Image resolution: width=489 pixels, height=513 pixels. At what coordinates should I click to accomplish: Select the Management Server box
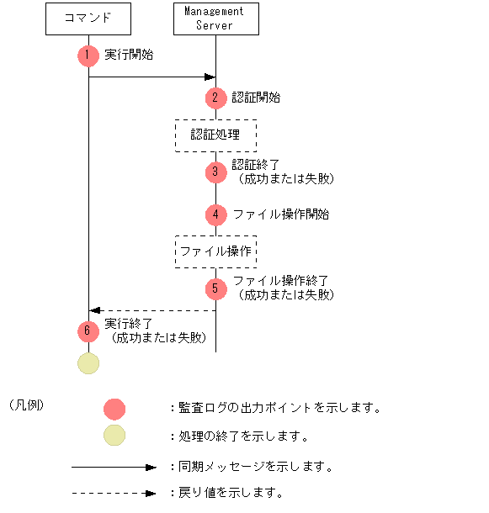[215, 19]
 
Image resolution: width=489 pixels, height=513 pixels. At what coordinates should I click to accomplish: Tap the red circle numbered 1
[88, 55]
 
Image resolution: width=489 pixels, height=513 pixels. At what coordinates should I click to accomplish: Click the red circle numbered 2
[215, 98]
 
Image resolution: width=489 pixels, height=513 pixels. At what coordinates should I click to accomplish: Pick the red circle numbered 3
[215, 172]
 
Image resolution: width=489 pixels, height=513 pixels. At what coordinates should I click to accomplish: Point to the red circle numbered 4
[215, 214]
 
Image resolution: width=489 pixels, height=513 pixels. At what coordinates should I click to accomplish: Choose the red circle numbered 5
[215, 289]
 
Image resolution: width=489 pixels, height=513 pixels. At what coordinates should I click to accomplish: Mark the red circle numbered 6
[88, 331]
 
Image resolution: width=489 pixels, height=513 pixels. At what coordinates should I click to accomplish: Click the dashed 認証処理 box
[215, 135]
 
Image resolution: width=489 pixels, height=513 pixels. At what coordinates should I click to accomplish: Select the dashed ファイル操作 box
[215, 251]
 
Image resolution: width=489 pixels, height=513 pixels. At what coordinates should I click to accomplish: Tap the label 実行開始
[129, 55]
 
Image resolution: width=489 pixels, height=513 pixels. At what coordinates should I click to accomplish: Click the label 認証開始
[256, 98]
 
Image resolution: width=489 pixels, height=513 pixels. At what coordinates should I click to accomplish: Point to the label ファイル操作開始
[281, 214]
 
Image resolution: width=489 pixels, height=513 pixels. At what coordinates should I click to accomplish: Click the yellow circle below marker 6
[88, 363]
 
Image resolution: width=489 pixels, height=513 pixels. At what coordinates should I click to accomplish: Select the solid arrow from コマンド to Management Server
[151, 77]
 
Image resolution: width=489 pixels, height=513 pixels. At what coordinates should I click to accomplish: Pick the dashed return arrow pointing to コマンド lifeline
[151, 310]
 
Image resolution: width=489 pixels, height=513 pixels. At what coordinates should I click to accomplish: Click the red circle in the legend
[114, 409]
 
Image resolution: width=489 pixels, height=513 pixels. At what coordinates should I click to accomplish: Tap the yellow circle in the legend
[114, 436]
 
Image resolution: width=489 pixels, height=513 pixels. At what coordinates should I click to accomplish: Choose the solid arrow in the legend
[114, 466]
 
